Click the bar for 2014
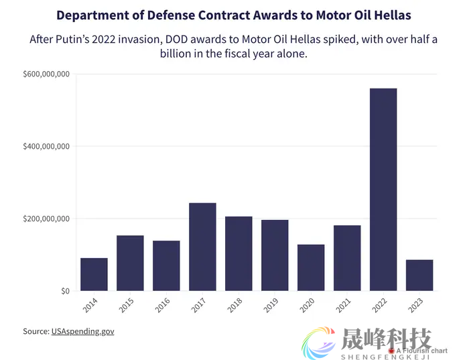pyautogui.click(x=94, y=274)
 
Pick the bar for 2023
pyautogui.click(x=419, y=275)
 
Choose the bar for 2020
pyautogui.click(x=311, y=267)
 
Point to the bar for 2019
pyautogui.click(x=275, y=255)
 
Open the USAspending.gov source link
pyautogui.click(x=82, y=331)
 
